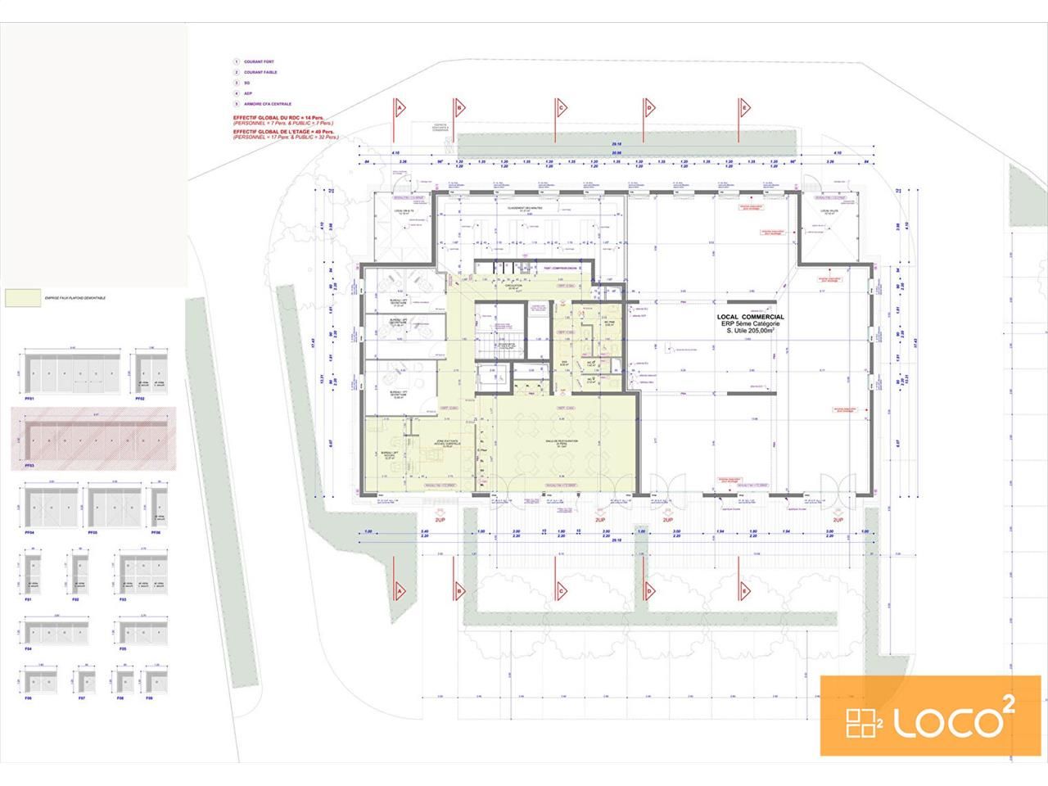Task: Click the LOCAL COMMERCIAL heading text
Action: [x=750, y=317]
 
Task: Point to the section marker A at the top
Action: [x=399, y=107]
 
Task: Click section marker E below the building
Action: [x=743, y=589]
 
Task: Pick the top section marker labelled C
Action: [x=562, y=107]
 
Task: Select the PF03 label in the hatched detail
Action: [x=29, y=464]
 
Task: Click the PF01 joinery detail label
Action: [x=29, y=399]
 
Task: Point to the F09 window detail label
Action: [x=148, y=698]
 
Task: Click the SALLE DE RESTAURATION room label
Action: [x=562, y=442]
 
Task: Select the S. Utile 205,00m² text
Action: [x=751, y=332]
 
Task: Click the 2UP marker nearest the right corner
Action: [x=838, y=520]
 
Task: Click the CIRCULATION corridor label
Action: [x=514, y=286]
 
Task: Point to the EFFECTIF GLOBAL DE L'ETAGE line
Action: [x=283, y=132]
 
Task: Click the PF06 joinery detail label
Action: [x=156, y=533]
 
